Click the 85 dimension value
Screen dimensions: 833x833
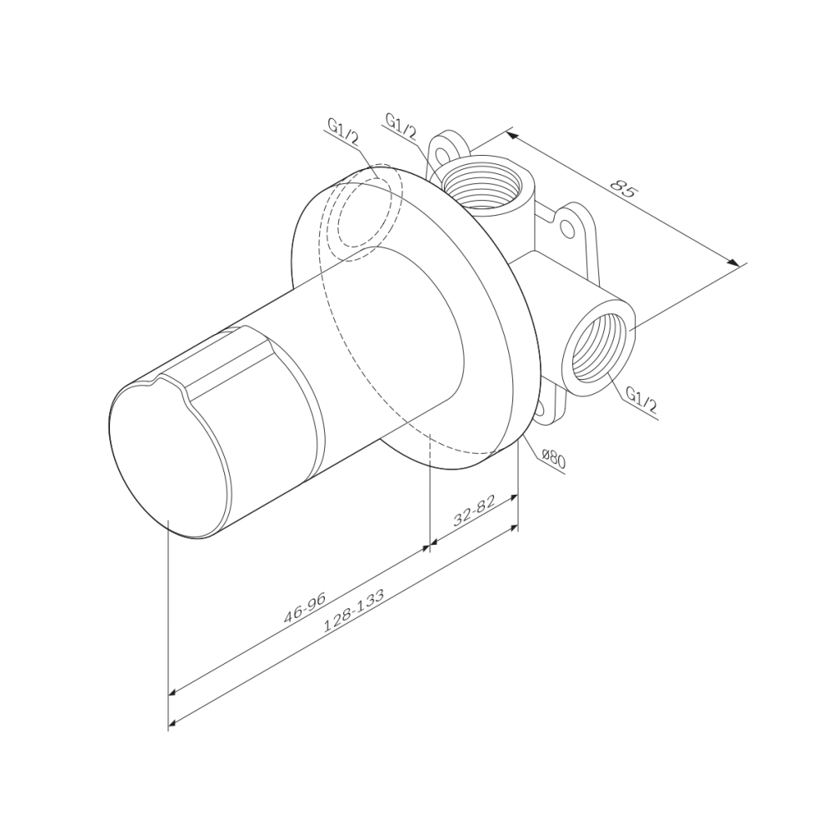coord(622,189)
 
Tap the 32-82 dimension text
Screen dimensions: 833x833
coord(474,511)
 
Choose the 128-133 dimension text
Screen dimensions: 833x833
coord(353,611)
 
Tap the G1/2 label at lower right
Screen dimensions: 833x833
coord(641,401)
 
